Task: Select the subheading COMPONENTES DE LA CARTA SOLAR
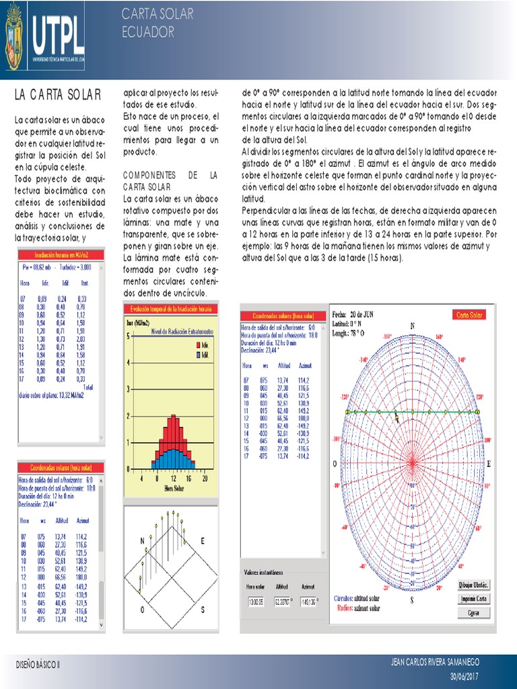click(170, 180)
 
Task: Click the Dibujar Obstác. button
click(473, 584)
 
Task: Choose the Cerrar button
click(473, 612)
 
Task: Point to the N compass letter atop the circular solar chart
click(412, 326)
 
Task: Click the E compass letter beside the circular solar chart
click(489, 464)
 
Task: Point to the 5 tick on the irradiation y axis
click(129, 336)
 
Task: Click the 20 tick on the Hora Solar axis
click(205, 479)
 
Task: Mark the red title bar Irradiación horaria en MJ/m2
click(61, 255)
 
